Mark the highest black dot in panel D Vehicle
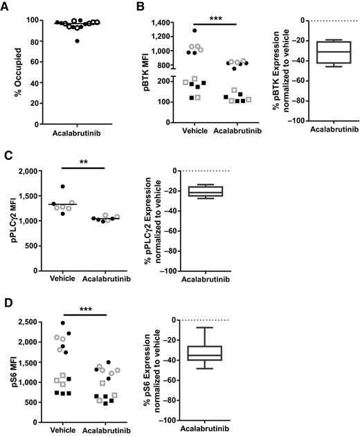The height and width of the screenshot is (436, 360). tap(63, 323)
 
